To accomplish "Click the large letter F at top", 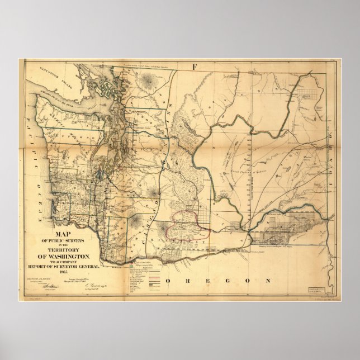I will [x=195, y=68].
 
